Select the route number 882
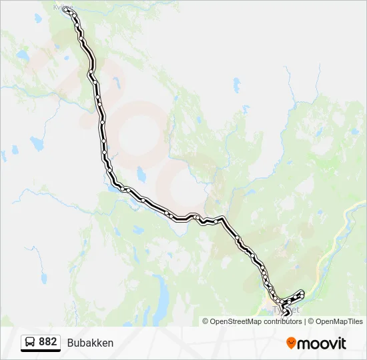pos(47,341)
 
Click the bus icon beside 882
pos(30,342)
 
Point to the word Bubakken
pos(90,343)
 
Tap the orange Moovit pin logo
pos(292,343)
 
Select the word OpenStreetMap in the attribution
pos(236,321)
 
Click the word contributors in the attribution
pos(283,321)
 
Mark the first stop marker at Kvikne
pos(65,10)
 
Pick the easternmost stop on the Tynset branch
pos(302,292)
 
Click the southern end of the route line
pos(288,313)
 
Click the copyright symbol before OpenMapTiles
pos(310,321)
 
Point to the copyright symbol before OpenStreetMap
pos(206,321)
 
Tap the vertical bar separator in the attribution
pos(305,321)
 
